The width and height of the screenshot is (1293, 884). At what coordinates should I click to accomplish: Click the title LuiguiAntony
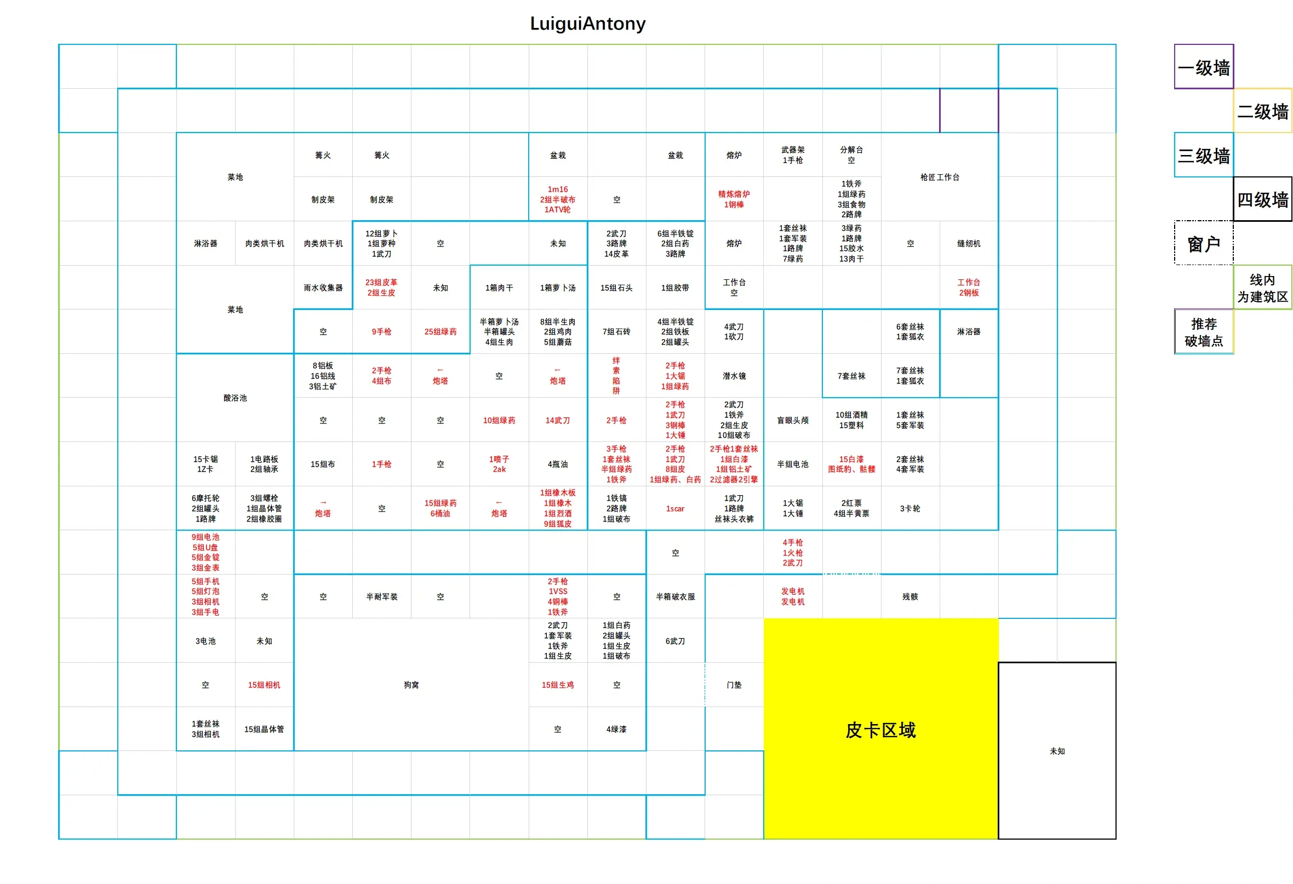coord(587,24)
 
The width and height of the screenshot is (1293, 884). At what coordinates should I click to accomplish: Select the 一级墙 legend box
coord(1204,67)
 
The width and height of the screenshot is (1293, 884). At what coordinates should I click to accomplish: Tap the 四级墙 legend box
coord(1262,199)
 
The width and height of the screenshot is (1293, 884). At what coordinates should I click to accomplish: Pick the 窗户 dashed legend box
coord(1204,243)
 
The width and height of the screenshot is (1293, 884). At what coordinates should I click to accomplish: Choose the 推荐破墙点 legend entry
coord(1204,331)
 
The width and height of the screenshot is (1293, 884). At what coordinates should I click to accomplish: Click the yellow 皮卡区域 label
coord(880,730)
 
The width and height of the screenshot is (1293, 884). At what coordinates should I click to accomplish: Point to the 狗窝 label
coord(411,685)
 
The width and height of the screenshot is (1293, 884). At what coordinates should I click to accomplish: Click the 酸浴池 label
coord(235,398)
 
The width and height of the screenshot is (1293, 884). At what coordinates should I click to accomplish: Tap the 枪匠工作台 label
coord(939,177)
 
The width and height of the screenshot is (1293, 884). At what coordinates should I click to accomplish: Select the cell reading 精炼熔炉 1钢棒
coord(734,199)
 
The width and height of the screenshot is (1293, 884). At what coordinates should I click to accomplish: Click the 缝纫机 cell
coord(969,243)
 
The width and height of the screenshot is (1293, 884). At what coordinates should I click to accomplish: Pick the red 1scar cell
coord(675,508)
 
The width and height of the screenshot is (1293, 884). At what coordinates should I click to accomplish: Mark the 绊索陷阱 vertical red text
coord(616,376)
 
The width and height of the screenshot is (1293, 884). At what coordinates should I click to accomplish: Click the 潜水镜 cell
coord(734,376)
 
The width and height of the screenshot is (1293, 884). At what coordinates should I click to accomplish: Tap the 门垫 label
coord(734,685)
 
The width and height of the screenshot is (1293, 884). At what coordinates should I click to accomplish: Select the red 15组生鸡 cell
coord(558,685)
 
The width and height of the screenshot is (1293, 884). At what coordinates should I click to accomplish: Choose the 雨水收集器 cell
coord(323,288)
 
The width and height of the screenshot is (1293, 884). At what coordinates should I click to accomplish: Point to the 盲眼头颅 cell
coord(792,420)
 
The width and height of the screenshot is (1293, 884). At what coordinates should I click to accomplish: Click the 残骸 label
coord(909,596)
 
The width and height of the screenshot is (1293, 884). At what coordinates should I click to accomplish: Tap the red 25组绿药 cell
coord(440,331)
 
